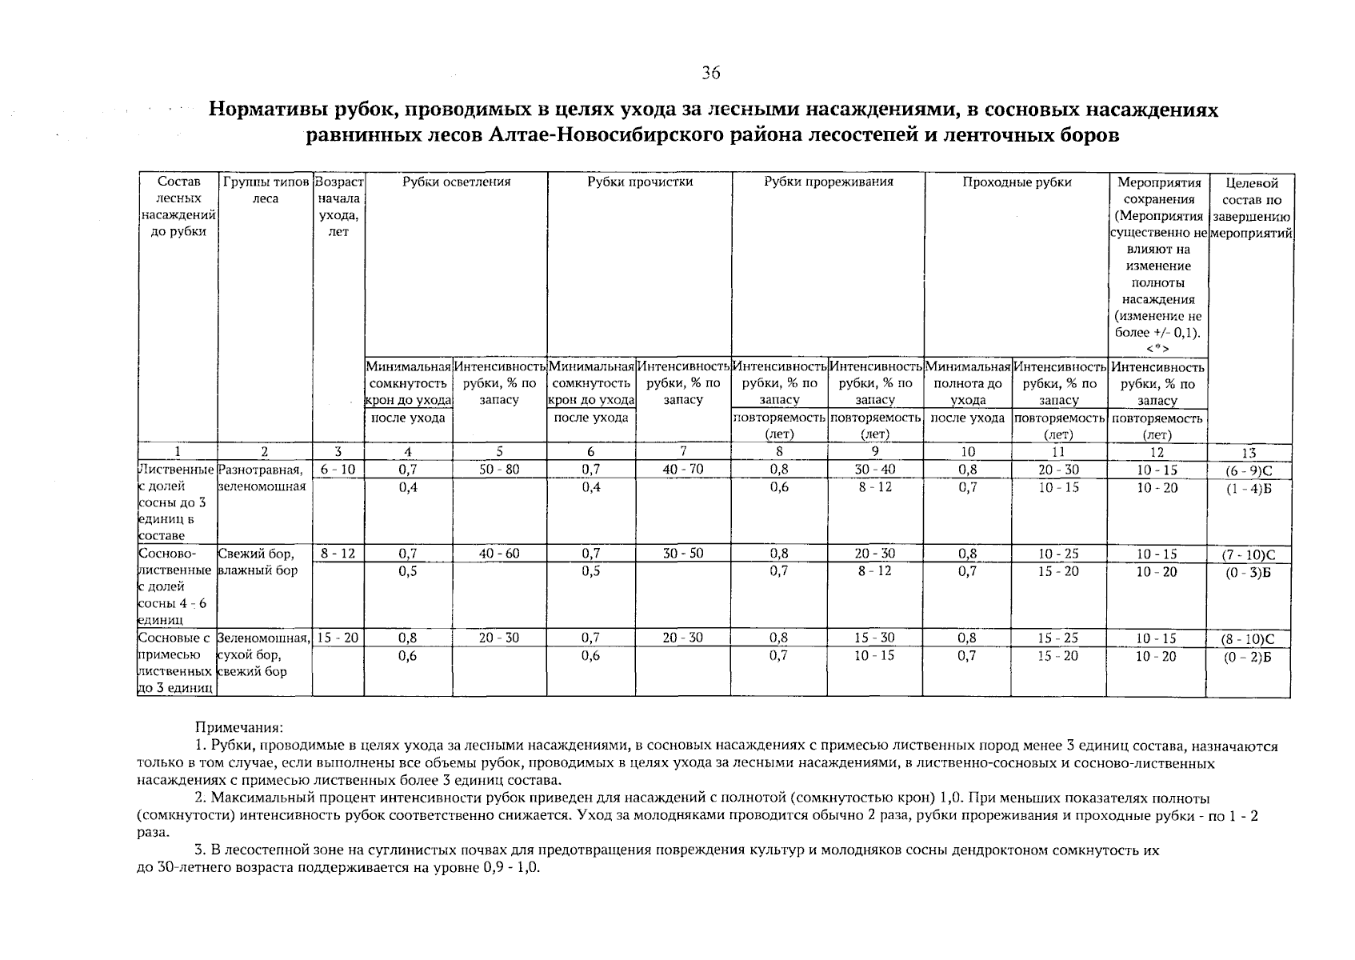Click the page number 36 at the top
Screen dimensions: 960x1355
tap(710, 74)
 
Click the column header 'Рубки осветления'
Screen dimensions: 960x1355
tap(456, 182)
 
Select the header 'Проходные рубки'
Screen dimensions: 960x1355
tap(1017, 182)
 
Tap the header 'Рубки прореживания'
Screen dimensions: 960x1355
tap(828, 182)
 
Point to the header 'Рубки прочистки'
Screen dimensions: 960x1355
tap(640, 182)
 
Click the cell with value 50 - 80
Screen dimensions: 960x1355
tap(499, 470)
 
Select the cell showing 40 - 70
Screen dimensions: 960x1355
tap(683, 470)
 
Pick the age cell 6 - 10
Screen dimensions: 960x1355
tap(338, 470)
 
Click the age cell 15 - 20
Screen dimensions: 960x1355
tap(338, 638)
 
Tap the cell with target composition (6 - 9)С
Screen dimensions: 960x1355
tap(1249, 471)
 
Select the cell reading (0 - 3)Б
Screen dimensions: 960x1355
tap(1249, 573)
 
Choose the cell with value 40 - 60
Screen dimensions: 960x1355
tap(499, 554)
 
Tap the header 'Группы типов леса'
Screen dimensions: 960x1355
tap(265, 190)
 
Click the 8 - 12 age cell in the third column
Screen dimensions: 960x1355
tap(338, 554)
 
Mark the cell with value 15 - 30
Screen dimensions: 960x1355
tap(875, 638)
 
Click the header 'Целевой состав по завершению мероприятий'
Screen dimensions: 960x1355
tap(1251, 208)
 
